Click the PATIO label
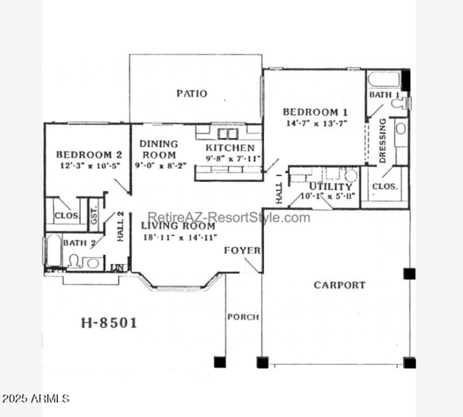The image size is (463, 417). (192, 94)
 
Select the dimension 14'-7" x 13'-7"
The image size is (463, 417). (315, 123)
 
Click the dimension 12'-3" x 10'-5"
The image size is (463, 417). (89, 165)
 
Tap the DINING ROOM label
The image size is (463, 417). (159, 149)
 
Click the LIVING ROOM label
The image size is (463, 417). (178, 226)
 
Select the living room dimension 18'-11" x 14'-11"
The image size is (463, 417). (179, 237)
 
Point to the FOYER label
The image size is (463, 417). (242, 250)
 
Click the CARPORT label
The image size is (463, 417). (339, 285)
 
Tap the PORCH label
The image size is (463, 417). (242, 317)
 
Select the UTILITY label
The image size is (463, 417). (330, 187)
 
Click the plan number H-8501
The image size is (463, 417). (108, 323)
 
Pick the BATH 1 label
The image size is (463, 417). (384, 94)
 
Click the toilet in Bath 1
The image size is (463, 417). (399, 104)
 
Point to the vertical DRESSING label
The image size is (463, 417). (383, 141)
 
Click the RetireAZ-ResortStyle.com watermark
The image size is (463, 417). (229, 217)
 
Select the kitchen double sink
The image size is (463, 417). (227, 134)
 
